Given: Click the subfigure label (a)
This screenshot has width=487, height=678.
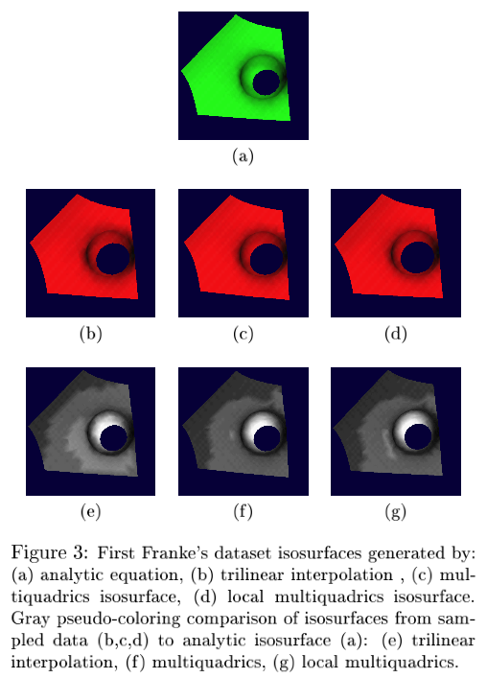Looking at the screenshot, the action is coord(243,155).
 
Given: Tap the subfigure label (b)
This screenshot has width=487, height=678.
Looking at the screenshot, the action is coord(91,334).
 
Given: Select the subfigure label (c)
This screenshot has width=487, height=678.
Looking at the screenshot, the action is coord(243,334).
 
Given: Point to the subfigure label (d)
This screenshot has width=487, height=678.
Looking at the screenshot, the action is coord(395,334).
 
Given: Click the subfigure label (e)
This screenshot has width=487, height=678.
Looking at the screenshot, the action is coord(91,511).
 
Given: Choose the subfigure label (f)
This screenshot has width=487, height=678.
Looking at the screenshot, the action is coord(243,511).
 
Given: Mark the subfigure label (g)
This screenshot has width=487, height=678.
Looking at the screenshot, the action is coord(395,512).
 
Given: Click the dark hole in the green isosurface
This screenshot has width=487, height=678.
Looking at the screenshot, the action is coord(267,82).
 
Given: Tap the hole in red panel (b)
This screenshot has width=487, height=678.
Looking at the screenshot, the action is coord(113,259).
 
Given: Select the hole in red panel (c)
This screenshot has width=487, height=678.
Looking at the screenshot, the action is coord(267,259).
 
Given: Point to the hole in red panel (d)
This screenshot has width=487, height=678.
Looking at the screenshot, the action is coord(417,257).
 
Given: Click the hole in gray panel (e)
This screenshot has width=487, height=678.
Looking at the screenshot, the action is coord(114,437).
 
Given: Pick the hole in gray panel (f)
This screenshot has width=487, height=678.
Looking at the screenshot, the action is coord(267,438).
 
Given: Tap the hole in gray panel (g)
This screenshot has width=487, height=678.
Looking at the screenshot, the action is coord(418,436).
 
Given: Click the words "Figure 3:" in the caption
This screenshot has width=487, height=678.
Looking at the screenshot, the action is coord(50,552).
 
